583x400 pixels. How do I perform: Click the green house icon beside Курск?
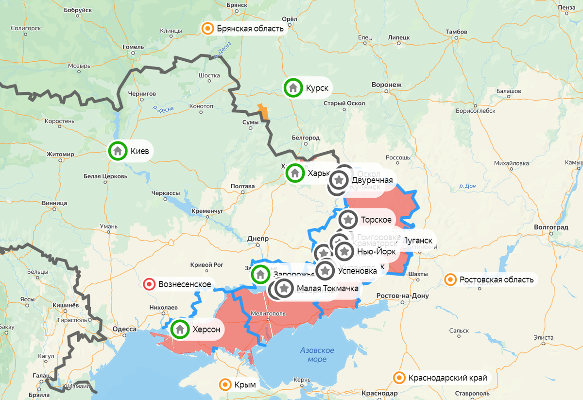point(293,88)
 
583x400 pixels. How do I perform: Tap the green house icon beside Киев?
point(117,151)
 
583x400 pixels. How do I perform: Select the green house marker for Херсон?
point(180,330)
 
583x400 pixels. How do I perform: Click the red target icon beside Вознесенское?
point(149,284)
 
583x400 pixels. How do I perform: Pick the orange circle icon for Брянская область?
point(207,29)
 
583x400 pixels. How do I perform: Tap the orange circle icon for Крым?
point(225,385)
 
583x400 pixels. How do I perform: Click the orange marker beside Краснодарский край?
point(399,378)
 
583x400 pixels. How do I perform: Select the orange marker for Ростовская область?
point(450,279)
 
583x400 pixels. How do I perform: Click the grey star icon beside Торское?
point(348,220)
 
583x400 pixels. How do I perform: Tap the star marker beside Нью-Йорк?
point(344,251)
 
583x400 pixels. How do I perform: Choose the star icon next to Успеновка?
point(326,270)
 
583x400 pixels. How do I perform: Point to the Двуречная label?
point(372,180)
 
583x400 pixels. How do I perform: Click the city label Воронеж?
point(386,85)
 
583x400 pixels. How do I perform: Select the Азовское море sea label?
point(317,355)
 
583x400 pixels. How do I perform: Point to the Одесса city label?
point(124,329)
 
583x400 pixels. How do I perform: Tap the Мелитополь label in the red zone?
point(268,313)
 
